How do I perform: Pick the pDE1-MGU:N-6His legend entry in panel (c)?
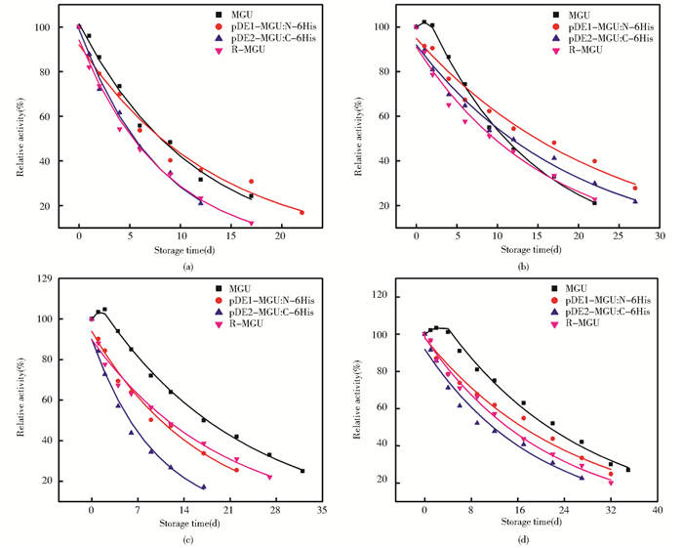[269, 299]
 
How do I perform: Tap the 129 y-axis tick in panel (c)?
[43, 278]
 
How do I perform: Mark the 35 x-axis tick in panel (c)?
[321, 510]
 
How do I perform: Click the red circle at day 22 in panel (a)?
[301, 212]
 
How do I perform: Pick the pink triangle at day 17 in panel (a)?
[251, 223]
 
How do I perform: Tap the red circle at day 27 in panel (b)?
[634, 189]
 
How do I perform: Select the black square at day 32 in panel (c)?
[302, 471]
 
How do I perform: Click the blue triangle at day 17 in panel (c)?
[204, 486]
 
